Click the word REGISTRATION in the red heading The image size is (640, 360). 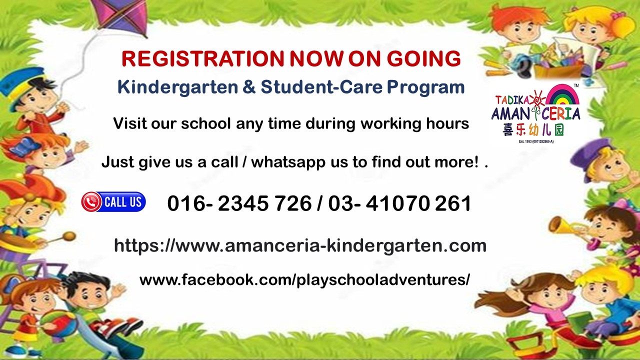[202, 59]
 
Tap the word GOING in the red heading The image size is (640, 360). [424, 59]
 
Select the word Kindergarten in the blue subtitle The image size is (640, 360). [177, 87]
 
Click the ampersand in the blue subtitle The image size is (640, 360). [249, 87]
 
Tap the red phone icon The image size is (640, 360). [91, 201]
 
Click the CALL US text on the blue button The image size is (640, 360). [123, 201]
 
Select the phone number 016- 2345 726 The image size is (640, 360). [239, 203]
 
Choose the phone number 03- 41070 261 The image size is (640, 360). [399, 203]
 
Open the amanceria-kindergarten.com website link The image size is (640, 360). [300, 246]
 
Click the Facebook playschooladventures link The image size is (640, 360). [304, 280]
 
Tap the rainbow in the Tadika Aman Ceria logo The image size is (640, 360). [562, 95]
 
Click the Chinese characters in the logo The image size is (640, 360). [533, 130]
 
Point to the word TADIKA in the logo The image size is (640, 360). [512, 100]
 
